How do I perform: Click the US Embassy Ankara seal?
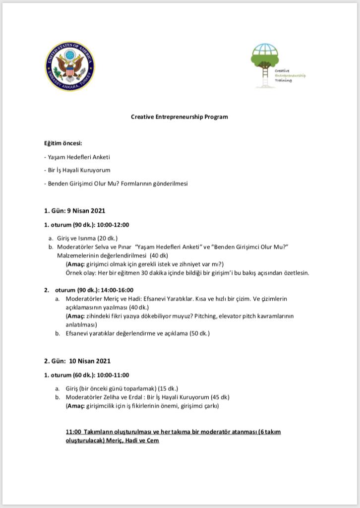click(x=69, y=66)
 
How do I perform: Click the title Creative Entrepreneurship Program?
click(x=180, y=117)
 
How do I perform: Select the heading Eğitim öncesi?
click(x=63, y=144)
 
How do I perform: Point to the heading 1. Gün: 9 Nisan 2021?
click(x=74, y=211)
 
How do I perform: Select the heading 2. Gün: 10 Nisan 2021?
click(x=77, y=361)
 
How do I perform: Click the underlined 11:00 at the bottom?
click(x=73, y=432)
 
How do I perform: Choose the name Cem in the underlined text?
click(x=153, y=441)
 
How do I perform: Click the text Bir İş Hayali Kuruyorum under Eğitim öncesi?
click(x=79, y=170)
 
